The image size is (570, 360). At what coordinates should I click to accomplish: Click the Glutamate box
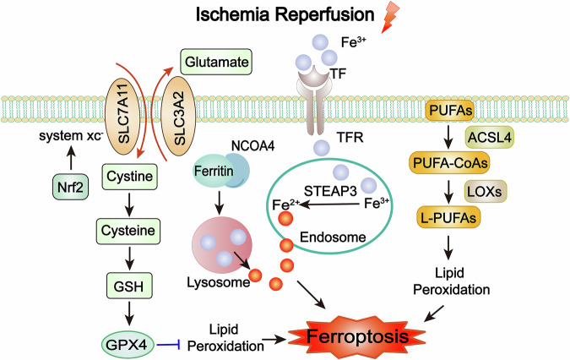point(216,62)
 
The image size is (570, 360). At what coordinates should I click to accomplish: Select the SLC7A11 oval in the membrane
point(122,113)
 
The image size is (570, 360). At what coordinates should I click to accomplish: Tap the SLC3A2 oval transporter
point(178,117)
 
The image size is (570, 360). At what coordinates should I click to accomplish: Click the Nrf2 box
point(71,187)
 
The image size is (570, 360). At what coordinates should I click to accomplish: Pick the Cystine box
point(129,177)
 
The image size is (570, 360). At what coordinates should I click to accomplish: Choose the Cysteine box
point(128,231)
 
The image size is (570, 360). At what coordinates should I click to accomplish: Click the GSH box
point(129,286)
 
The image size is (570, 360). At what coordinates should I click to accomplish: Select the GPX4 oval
point(127,344)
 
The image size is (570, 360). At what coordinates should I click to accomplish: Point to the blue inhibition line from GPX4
point(169,344)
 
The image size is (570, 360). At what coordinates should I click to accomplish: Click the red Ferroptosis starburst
point(357,336)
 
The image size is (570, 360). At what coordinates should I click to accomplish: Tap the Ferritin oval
point(213,171)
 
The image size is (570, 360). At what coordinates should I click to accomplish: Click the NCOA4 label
point(253,146)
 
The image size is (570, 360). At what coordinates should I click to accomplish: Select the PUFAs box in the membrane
point(450,110)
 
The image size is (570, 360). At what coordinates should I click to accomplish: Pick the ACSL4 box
point(490,138)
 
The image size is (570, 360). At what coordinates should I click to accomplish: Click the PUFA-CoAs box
point(450,163)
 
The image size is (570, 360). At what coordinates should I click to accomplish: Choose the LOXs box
point(486,191)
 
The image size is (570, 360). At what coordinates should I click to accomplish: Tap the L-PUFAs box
point(448,217)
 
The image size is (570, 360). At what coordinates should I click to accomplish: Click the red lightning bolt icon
point(390,17)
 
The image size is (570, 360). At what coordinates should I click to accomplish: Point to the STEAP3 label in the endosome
point(330,191)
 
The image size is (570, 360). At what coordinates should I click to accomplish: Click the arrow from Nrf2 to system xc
point(71,157)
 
